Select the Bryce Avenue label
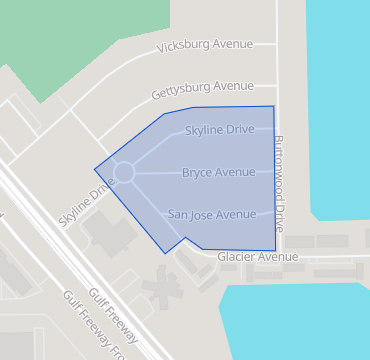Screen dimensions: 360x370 tap(218, 173)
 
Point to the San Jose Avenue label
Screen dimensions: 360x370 tap(212, 214)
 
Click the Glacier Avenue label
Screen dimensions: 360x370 tap(257, 257)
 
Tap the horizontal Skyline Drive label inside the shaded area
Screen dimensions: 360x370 tap(219, 131)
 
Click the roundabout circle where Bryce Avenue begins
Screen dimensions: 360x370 tap(124, 174)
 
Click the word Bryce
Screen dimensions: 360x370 tap(197, 173)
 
